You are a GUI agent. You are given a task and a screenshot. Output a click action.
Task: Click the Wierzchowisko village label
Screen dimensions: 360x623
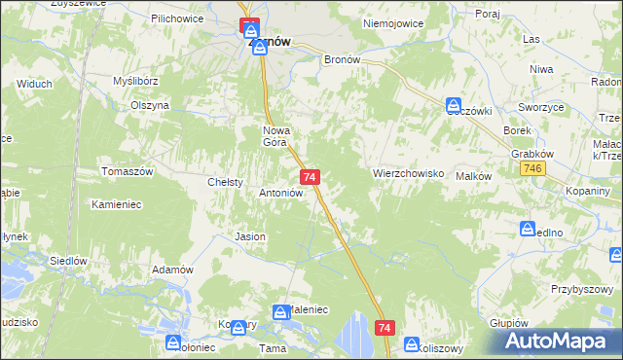click(x=408, y=173)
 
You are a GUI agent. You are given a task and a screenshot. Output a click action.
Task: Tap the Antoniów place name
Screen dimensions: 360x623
click(x=281, y=193)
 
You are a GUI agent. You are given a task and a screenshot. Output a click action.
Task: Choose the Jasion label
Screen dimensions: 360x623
click(x=250, y=236)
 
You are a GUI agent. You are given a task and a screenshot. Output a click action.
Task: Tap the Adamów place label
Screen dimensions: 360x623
click(x=173, y=270)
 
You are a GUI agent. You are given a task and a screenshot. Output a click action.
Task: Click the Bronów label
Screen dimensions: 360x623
click(x=342, y=58)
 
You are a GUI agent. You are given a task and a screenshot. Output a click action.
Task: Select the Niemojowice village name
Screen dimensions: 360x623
click(x=389, y=23)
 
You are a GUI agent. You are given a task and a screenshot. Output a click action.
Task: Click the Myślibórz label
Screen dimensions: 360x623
click(x=135, y=81)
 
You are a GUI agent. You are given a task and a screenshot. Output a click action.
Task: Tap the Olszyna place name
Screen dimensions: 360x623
click(x=150, y=105)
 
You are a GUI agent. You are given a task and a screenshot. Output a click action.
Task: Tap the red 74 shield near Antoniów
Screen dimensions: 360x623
click(x=310, y=176)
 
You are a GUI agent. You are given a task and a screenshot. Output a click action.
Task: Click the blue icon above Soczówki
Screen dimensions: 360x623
click(x=454, y=104)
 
